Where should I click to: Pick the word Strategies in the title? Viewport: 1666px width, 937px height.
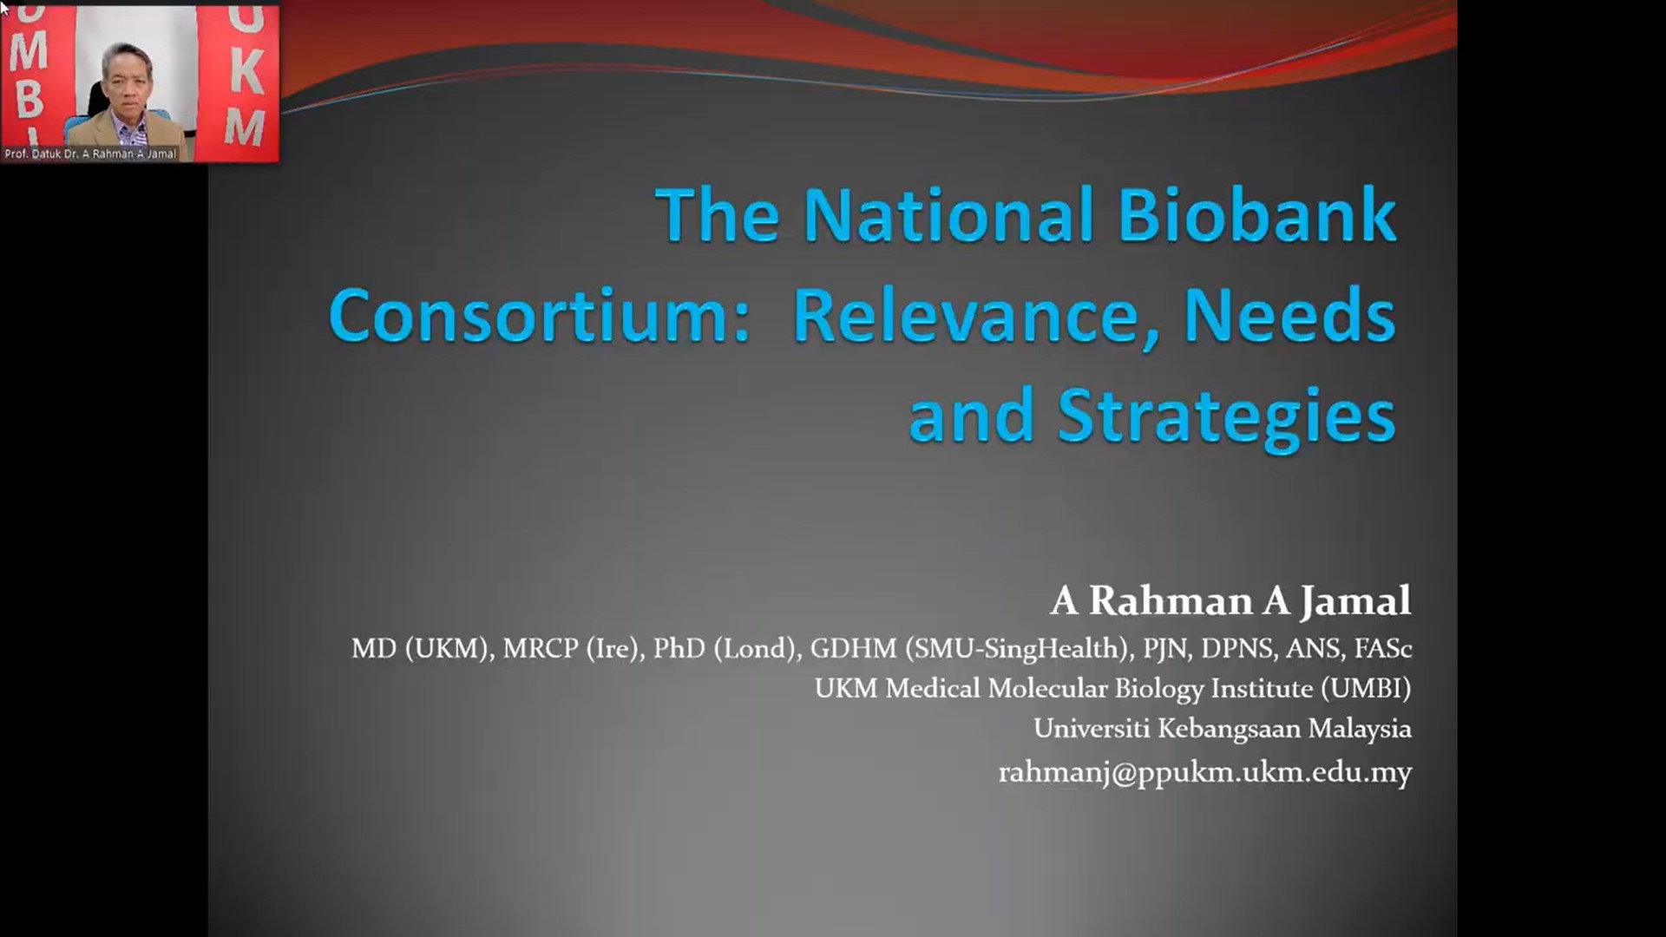[1226, 418]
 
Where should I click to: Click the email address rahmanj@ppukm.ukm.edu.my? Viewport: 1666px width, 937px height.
[1205, 772]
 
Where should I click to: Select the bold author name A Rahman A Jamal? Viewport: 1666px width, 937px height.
[1230, 600]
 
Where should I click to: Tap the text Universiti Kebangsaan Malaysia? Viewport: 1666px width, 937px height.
[1223, 728]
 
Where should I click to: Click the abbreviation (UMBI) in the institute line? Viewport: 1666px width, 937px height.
[1366, 688]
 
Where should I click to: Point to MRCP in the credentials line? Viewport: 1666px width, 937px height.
[541, 648]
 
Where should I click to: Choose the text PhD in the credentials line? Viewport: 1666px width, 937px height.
[679, 648]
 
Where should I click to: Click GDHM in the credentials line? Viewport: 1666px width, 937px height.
[853, 648]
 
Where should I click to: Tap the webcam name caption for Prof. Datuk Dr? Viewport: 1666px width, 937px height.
[90, 154]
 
